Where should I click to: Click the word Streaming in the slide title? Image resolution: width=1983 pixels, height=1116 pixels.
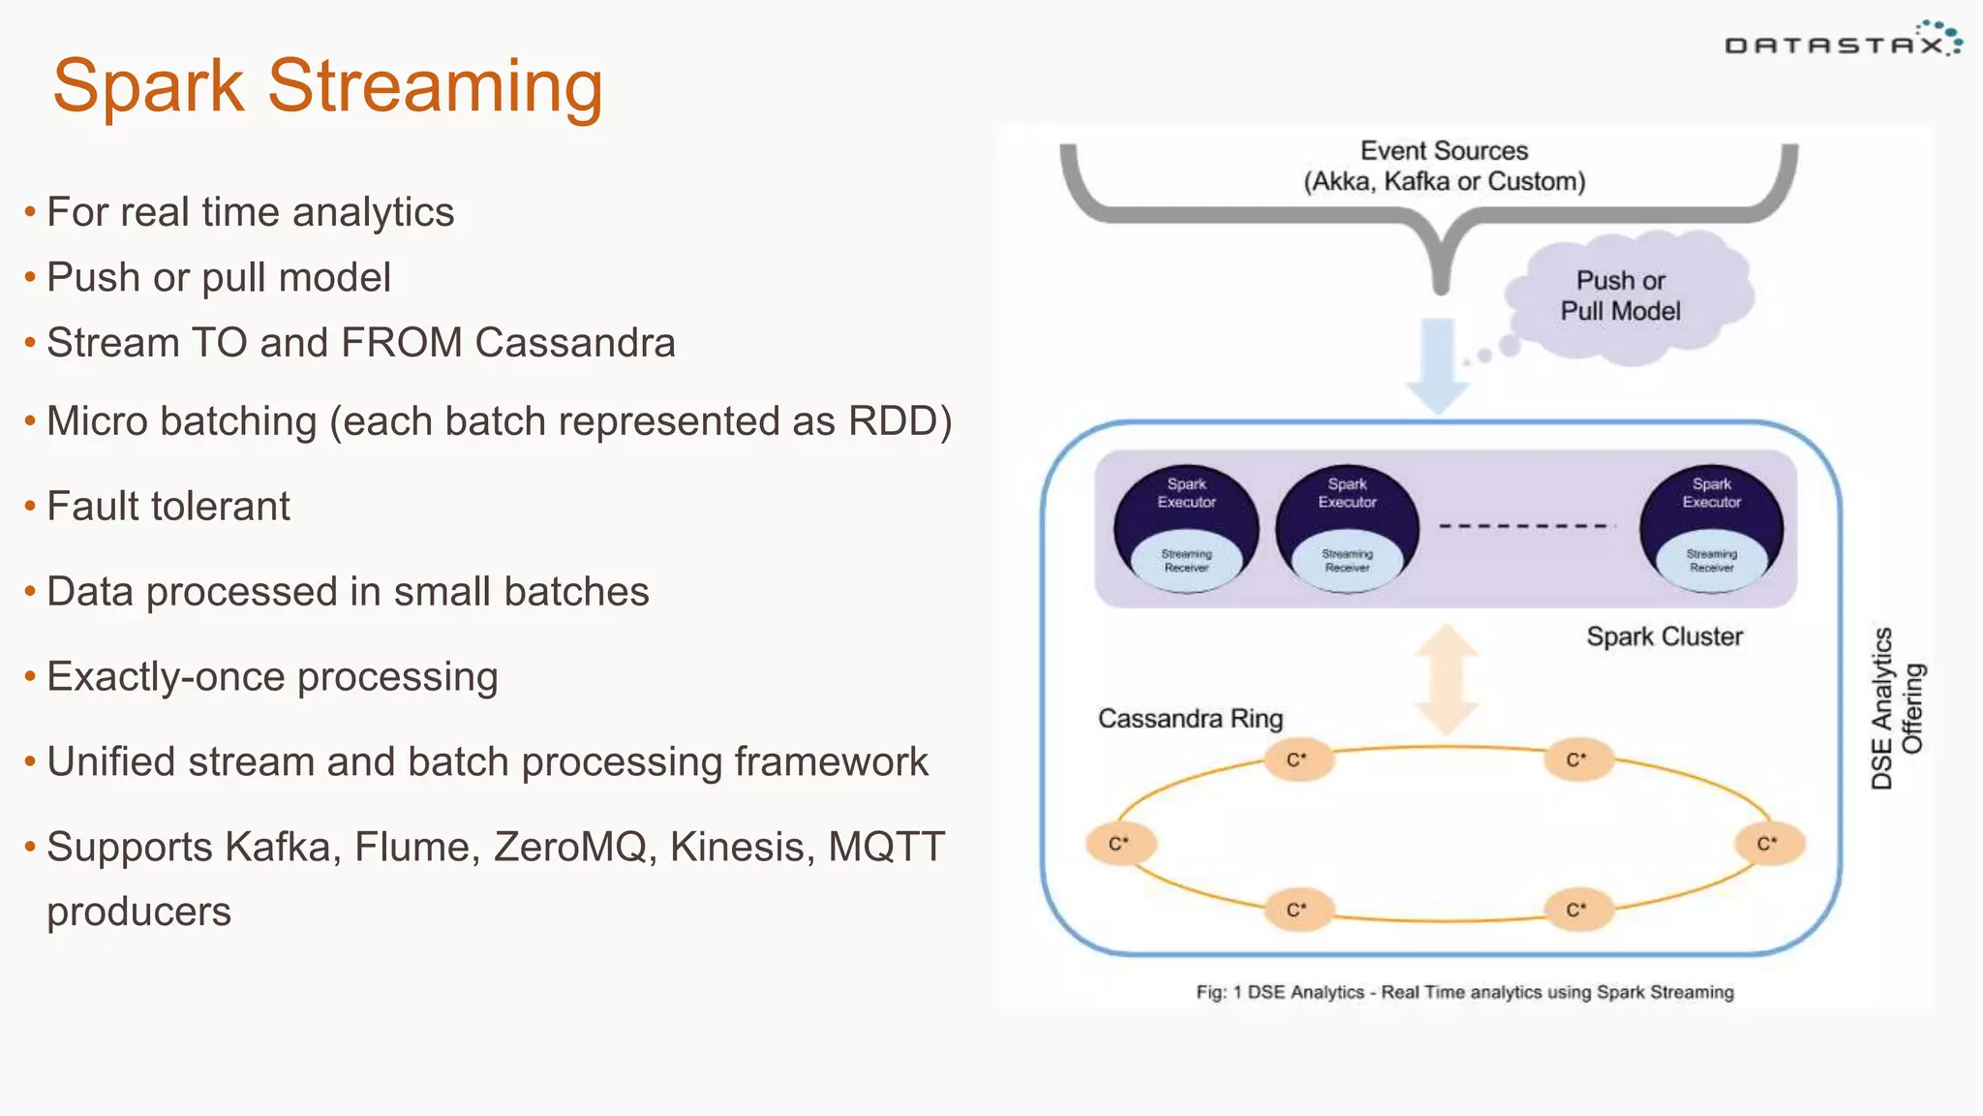tap(435, 87)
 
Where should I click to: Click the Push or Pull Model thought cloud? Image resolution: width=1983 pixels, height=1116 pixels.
tap(1628, 295)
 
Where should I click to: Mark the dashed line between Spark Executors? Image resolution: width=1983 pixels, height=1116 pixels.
tap(1527, 526)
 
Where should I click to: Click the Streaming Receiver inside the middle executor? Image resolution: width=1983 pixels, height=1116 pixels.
tap(1347, 561)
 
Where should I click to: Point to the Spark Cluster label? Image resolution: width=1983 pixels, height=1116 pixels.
tap(1663, 636)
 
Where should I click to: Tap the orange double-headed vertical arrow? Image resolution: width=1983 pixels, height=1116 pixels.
tap(1447, 679)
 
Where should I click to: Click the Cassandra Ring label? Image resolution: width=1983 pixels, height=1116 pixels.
tap(1190, 719)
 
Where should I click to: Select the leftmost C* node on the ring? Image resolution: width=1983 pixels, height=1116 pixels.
tap(1119, 844)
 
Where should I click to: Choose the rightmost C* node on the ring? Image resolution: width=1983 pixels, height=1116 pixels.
tap(1768, 844)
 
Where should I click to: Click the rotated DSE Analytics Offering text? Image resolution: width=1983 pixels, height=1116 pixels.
tap(1896, 708)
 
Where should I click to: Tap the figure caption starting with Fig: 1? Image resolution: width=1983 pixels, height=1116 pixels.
tap(1464, 992)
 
